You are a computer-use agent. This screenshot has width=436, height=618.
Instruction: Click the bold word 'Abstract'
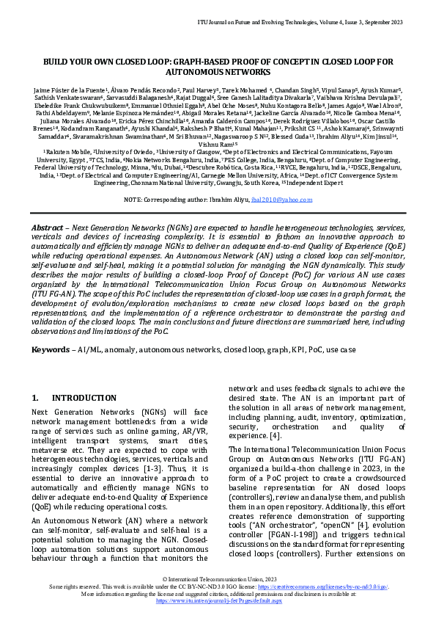(47, 228)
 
